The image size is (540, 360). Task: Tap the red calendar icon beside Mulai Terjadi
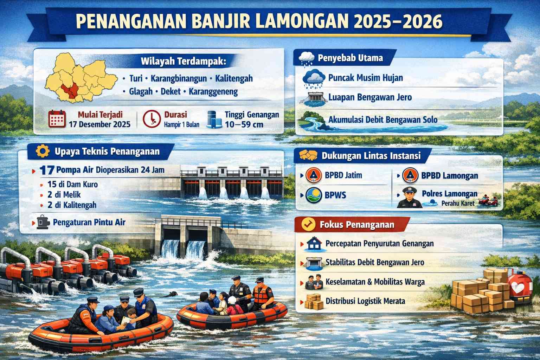pos(57,118)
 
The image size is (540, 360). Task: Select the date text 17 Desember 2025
pos(99,124)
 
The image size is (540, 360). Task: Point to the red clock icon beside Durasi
pos(152,118)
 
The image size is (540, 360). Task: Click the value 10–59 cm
pos(244,124)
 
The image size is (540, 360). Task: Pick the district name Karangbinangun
pos(179,78)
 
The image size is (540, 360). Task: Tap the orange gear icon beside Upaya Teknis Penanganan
pos(43,151)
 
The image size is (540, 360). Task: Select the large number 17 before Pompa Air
pos(47,170)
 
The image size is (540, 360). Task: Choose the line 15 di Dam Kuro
pos(72,185)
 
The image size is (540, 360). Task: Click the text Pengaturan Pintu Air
pos(89,222)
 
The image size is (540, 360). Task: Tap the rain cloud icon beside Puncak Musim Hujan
pos(314,79)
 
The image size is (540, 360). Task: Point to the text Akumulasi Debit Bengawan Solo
pos(383,120)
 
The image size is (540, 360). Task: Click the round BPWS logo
pos(314,195)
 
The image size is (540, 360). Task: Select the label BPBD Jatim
pos(343,175)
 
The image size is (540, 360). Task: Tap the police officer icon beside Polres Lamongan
pos(409,197)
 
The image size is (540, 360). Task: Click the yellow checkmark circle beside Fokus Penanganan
pos(308,224)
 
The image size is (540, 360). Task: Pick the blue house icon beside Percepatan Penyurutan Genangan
pos(314,244)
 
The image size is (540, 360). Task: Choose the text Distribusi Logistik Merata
pos(365,301)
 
